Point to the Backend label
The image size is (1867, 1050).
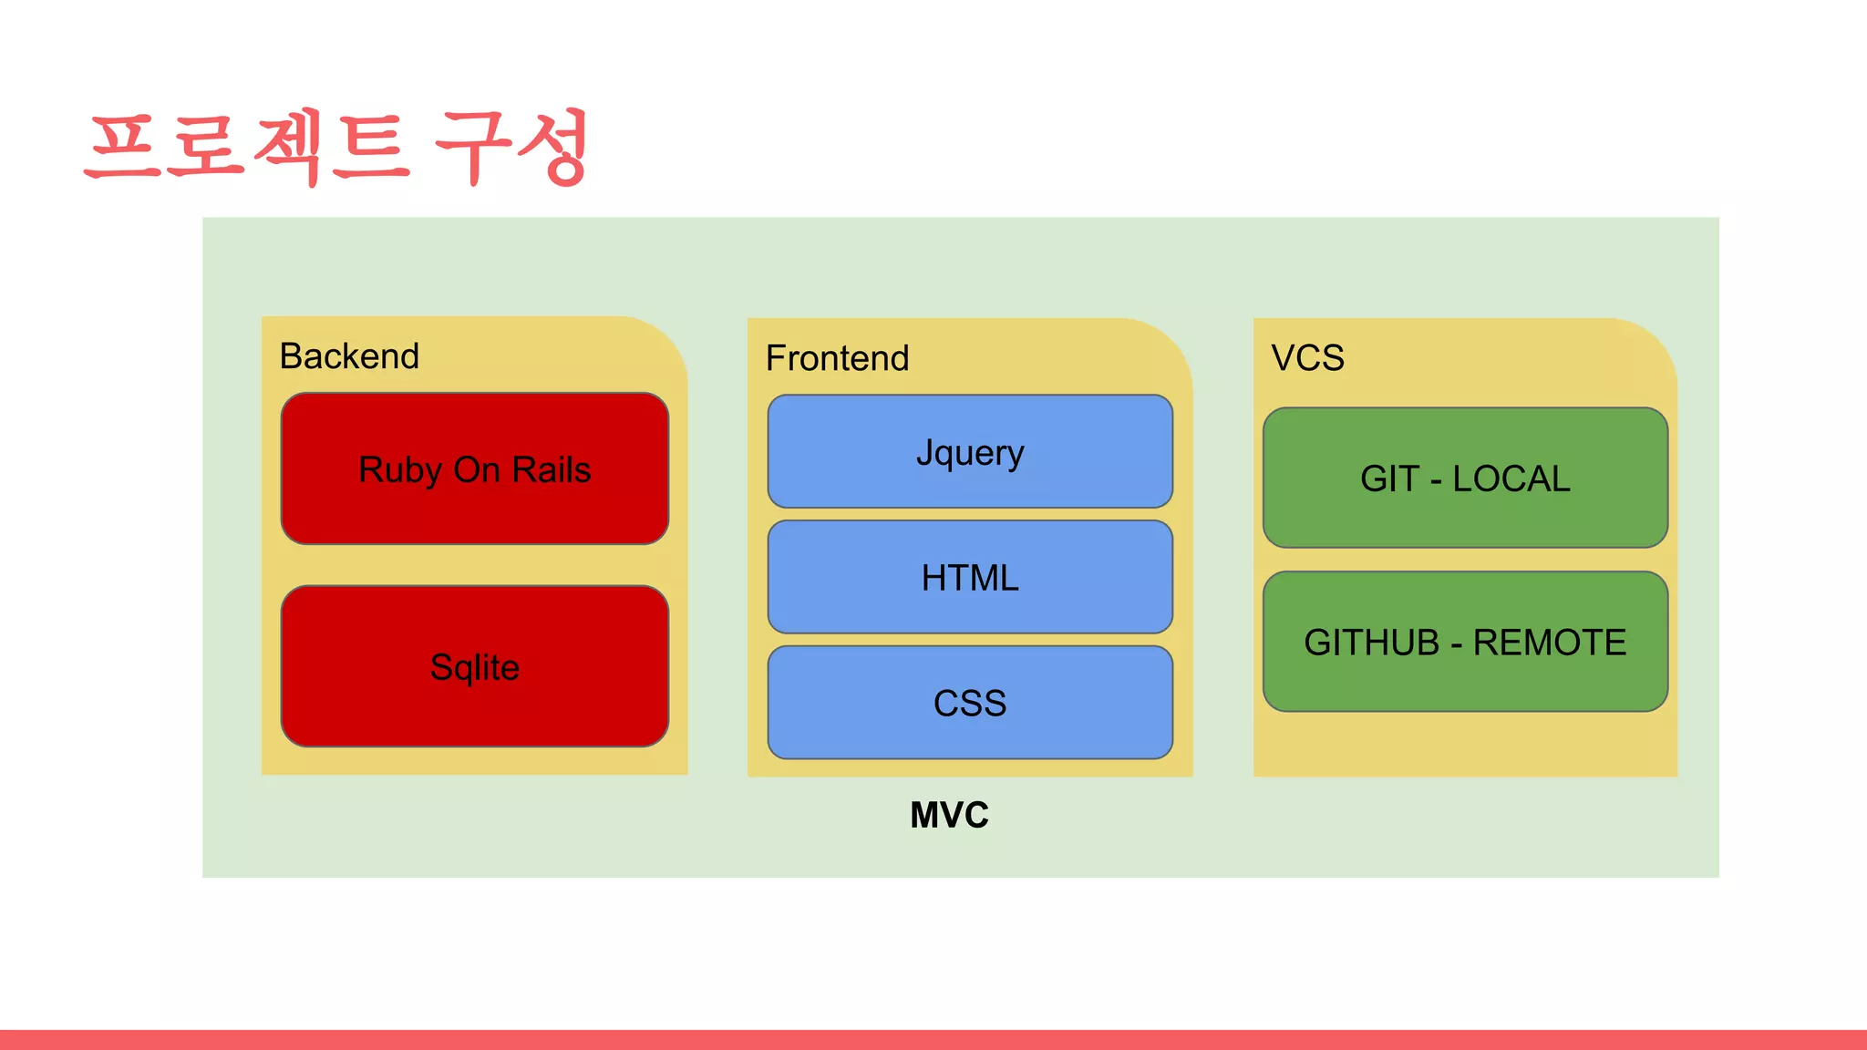click(x=349, y=355)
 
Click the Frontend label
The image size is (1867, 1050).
click(x=837, y=358)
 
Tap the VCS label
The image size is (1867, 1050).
click(x=1307, y=357)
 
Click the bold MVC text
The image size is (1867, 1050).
click(x=949, y=815)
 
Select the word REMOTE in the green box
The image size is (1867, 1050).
click(x=1550, y=643)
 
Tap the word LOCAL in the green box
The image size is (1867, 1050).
click(x=1511, y=479)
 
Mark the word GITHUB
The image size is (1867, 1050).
click(x=1371, y=643)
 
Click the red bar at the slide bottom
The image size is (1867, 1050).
click(x=933, y=1040)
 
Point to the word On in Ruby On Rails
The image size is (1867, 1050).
click(x=477, y=469)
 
